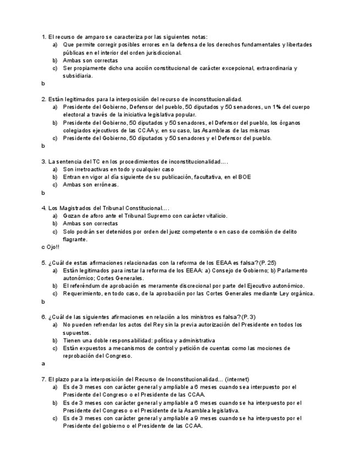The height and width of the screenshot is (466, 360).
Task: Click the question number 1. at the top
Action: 44,36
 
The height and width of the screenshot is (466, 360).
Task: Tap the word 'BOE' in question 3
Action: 245,177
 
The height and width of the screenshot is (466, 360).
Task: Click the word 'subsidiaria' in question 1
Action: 77,76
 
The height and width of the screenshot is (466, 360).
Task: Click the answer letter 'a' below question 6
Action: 43,363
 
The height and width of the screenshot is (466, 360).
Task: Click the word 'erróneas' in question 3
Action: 106,185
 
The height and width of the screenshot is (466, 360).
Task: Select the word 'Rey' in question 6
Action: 153,325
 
